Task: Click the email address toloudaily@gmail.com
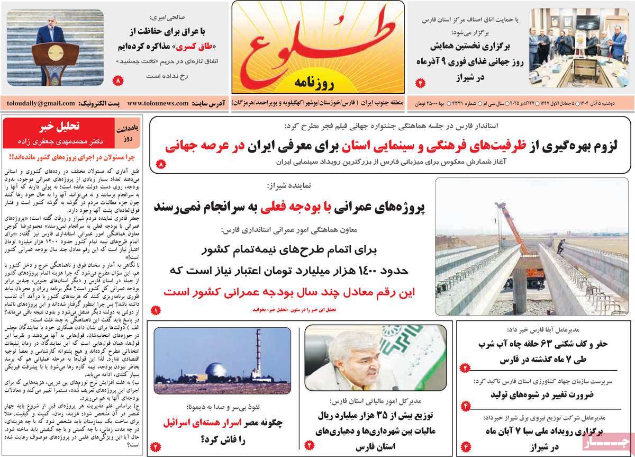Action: [x=38, y=103]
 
